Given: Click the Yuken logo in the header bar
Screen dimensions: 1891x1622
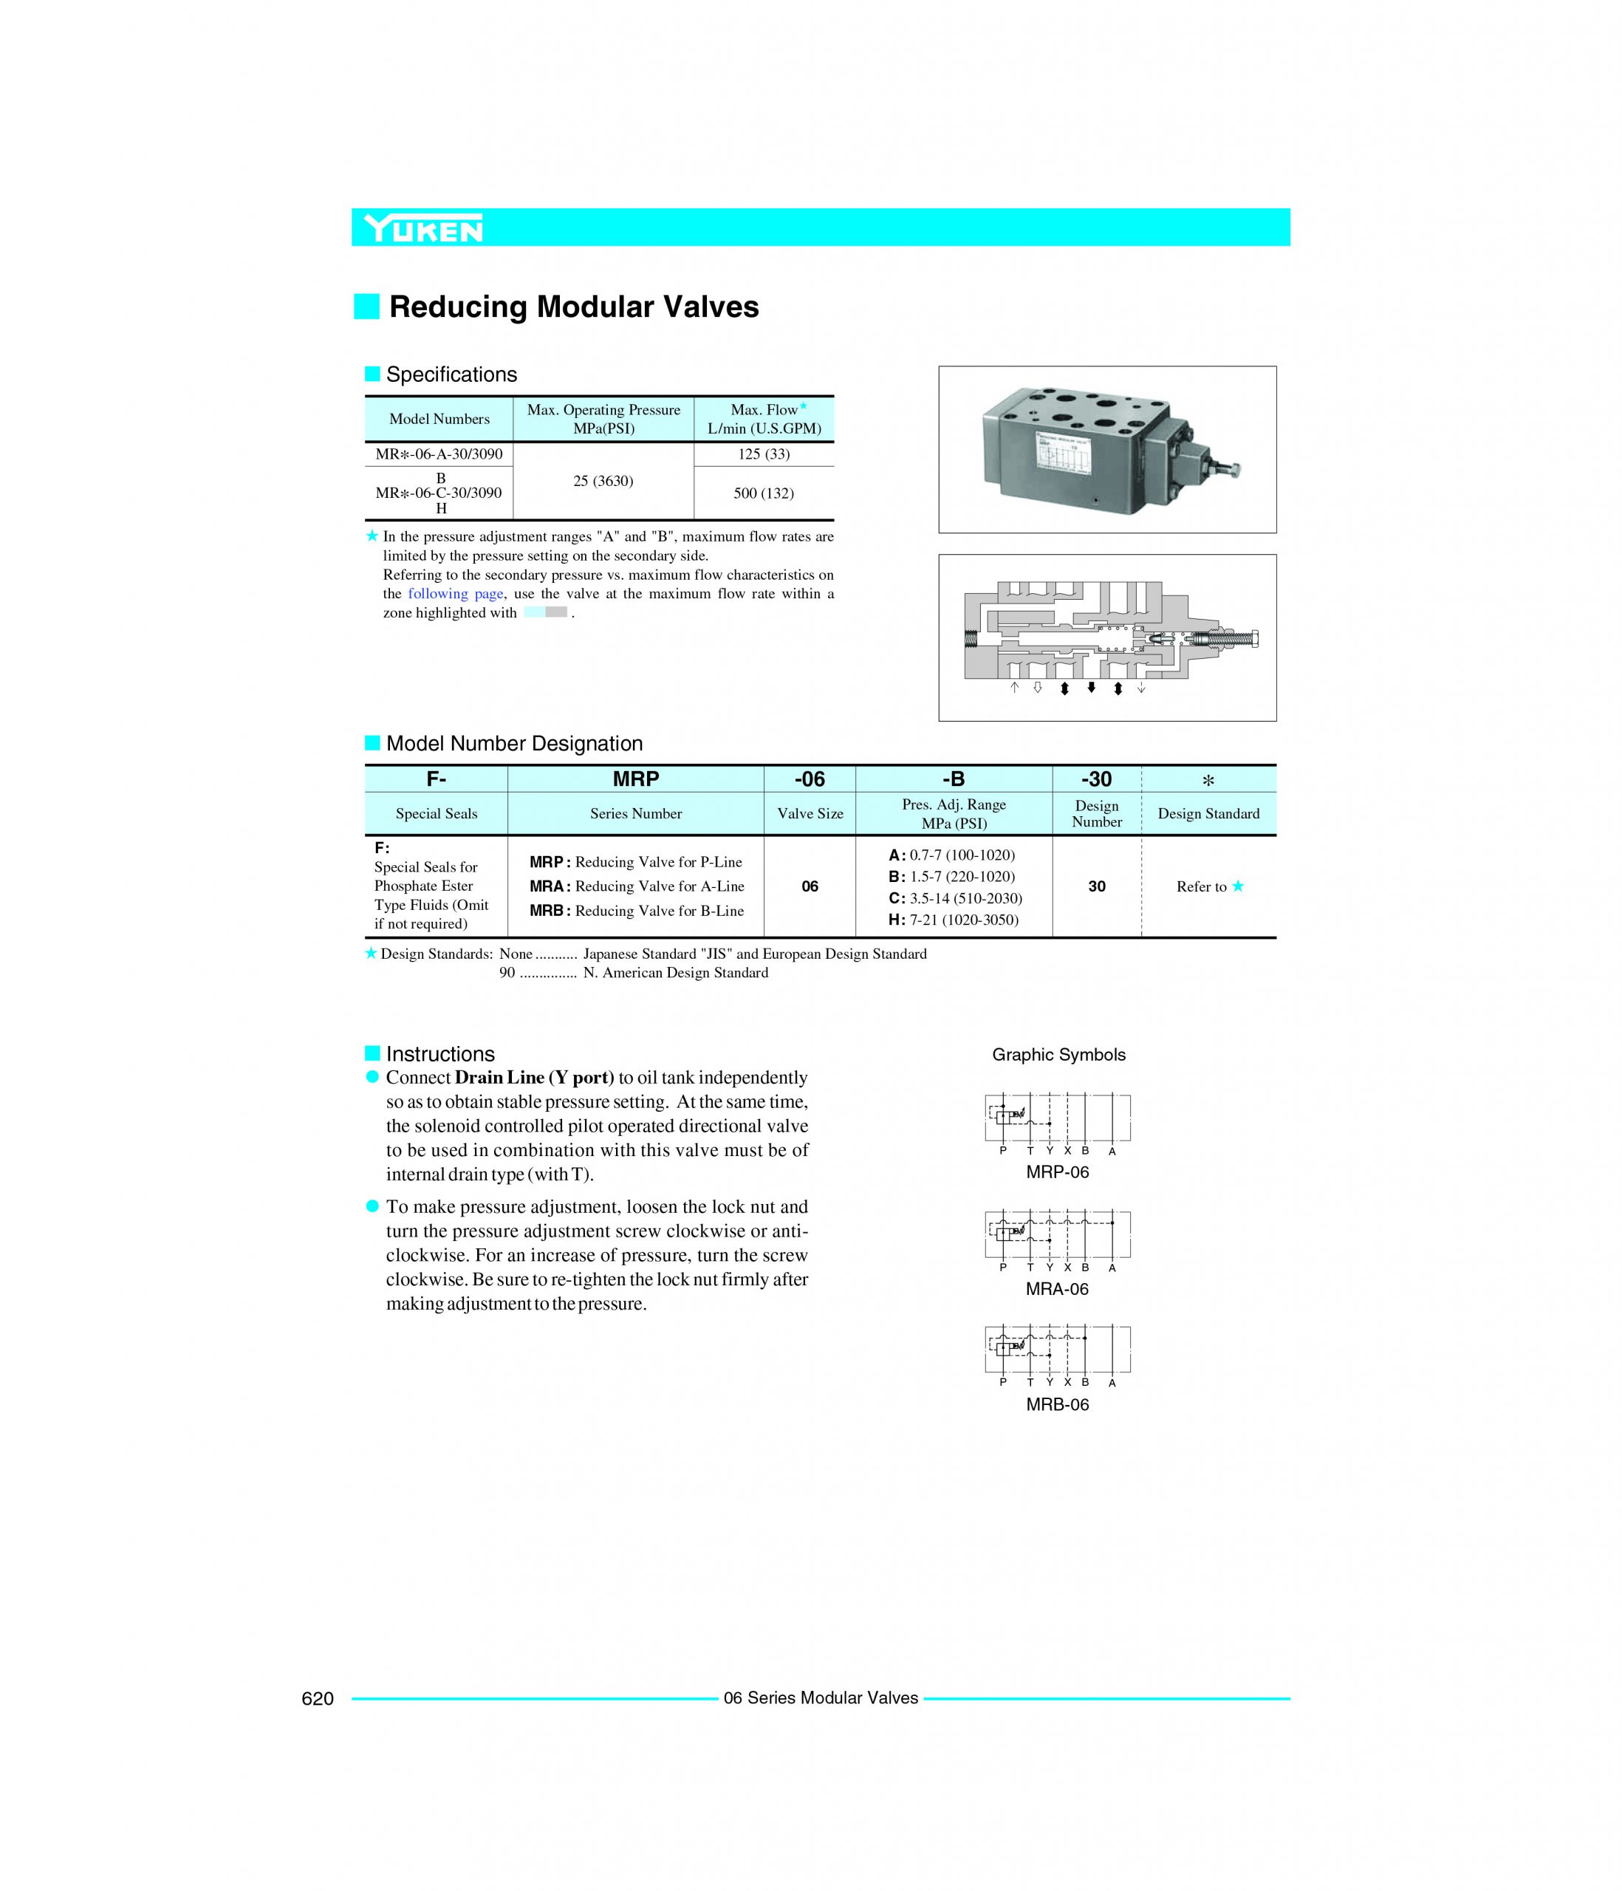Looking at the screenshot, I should [x=422, y=228].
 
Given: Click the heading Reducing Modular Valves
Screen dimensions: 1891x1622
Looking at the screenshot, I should [x=573, y=307].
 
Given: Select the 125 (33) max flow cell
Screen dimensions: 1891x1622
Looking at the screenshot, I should [x=763, y=454].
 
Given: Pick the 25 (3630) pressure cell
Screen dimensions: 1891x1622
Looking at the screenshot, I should [x=603, y=481].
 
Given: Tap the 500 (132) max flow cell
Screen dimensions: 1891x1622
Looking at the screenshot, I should [x=763, y=493].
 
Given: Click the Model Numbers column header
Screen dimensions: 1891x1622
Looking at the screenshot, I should [x=439, y=419].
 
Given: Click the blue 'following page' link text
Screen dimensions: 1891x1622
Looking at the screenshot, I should [x=454, y=594].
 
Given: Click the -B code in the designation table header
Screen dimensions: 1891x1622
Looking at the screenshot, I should [x=953, y=779].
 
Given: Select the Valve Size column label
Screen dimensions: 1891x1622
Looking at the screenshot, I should [x=810, y=814].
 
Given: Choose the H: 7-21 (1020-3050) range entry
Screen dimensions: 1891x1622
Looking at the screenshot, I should [x=953, y=920].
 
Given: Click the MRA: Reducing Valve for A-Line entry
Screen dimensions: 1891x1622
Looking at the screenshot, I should [x=636, y=886].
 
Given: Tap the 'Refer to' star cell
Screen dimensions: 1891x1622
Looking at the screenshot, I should [x=1208, y=886].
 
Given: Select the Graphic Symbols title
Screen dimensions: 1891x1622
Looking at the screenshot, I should [x=1058, y=1055].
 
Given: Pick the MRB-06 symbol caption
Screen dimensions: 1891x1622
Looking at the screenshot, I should [x=1057, y=1404].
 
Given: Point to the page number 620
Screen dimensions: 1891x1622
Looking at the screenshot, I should [x=318, y=1698].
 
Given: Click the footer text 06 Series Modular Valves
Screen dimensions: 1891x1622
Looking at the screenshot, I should [x=820, y=1697].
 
